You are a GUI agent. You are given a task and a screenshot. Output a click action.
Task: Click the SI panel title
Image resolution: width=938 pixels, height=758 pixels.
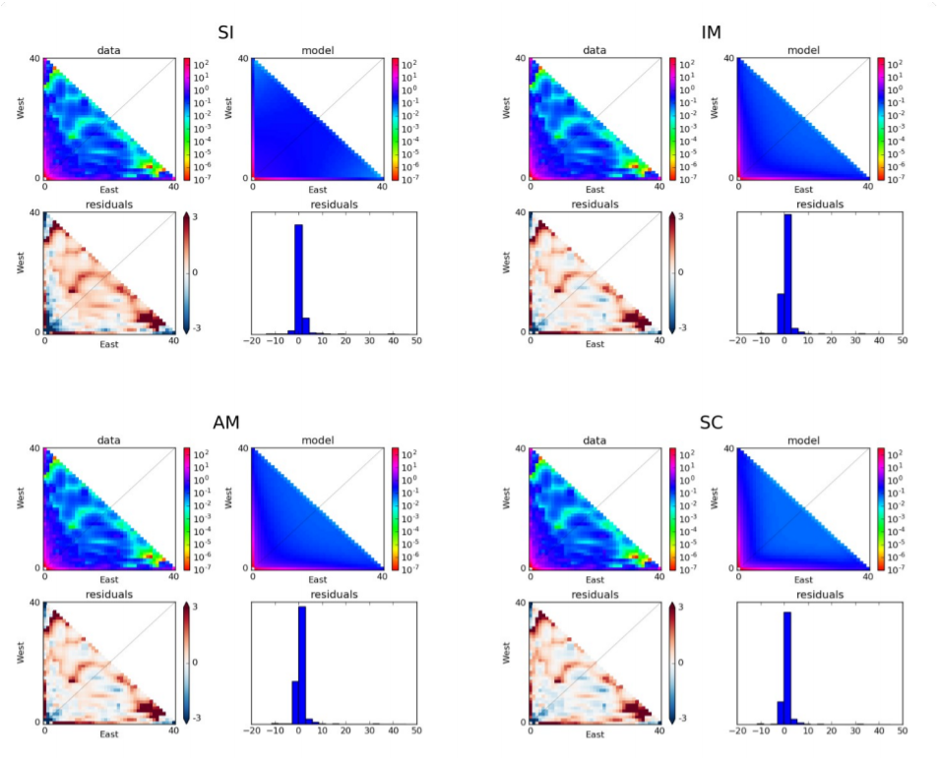click(x=225, y=32)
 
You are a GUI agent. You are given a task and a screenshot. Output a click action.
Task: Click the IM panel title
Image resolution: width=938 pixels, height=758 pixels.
click(x=711, y=32)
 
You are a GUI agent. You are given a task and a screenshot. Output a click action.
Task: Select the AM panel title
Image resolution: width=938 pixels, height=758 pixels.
click(x=225, y=423)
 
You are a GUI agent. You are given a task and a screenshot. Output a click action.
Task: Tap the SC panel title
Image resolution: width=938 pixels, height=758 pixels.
click(x=711, y=423)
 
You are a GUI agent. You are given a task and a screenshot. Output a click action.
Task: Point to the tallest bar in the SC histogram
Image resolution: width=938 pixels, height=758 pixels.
click(x=786, y=668)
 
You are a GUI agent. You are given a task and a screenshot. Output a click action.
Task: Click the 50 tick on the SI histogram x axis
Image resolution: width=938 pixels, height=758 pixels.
click(x=415, y=340)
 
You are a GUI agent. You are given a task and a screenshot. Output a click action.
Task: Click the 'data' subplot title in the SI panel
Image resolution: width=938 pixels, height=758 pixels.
click(x=108, y=50)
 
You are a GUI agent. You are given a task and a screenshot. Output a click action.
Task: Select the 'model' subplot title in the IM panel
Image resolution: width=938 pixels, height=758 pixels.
click(x=804, y=50)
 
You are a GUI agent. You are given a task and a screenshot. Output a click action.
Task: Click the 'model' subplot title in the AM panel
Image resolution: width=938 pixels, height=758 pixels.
click(x=317, y=440)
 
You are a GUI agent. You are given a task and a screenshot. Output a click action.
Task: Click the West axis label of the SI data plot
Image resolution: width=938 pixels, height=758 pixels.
click(x=20, y=107)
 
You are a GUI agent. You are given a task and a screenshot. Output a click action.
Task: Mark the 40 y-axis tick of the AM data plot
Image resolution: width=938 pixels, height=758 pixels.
click(x=34, y=449)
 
